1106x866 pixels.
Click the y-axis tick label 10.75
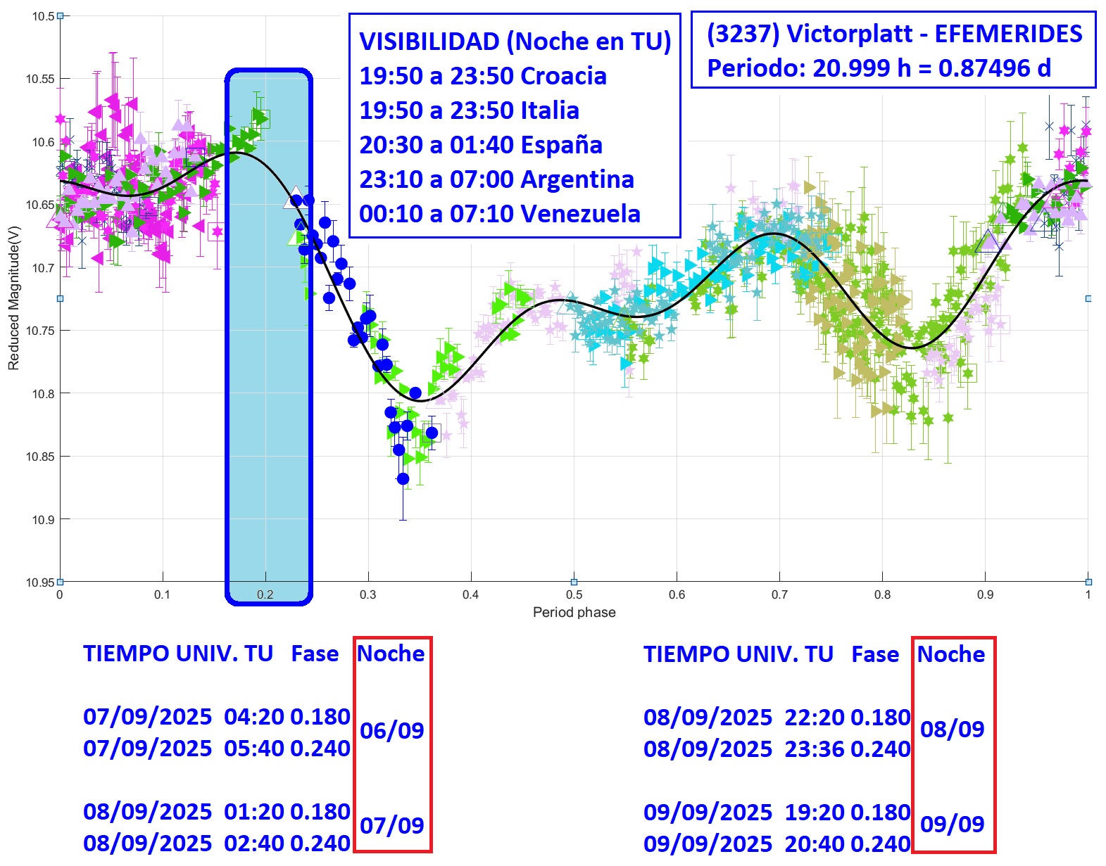39,331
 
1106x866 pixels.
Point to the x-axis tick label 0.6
677,594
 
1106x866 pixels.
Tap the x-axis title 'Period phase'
574,612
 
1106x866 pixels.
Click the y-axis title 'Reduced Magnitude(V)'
13,298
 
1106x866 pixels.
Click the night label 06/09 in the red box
391,731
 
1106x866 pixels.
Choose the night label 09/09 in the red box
952,824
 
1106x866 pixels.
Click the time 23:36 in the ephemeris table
815,749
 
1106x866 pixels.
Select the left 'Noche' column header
391,654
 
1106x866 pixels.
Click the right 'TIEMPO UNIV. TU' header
738,654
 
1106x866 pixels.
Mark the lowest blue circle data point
403,479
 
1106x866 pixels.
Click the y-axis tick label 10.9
42,520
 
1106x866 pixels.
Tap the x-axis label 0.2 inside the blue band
265,594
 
